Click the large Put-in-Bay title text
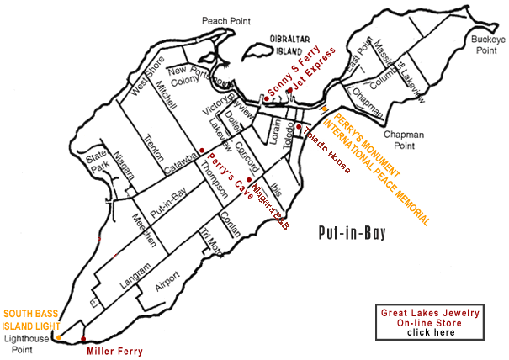pos(353,233)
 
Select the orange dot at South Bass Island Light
pos(59,337)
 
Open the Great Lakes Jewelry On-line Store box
pos(430,321)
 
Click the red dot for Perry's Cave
pos(201,150)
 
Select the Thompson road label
pos(214,181)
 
